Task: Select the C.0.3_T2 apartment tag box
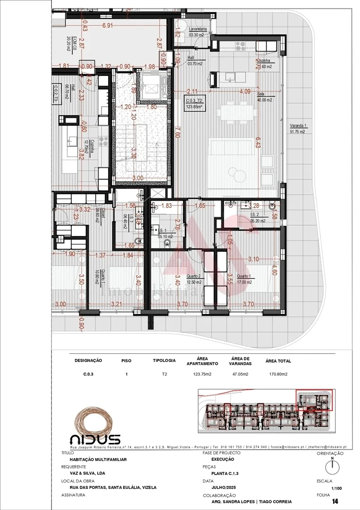(194, 103)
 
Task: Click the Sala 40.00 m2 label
(264, 97)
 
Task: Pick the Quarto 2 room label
(193, 279)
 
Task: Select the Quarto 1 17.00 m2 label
(244, 279)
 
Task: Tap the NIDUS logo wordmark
(95, 439)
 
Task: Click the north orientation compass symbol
(332, 466)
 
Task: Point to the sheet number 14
(335, 501)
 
